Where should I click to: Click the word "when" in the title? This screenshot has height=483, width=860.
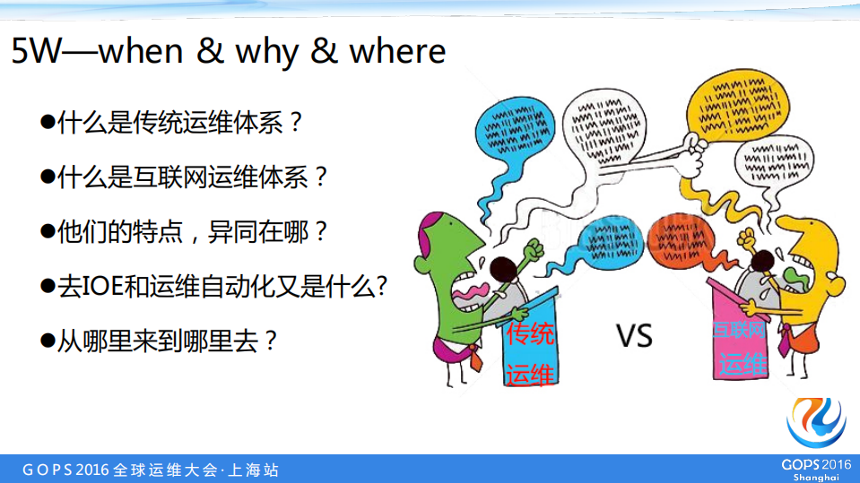tap(140, 52)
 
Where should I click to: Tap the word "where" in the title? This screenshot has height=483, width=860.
tap(397, 52)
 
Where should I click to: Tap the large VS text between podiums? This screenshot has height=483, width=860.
tap(634, 336)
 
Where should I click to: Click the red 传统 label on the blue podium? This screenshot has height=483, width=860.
tap(531, 335)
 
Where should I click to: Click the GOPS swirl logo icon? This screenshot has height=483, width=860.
tap(816, 421)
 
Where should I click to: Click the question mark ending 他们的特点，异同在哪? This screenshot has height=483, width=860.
tap(318, 233)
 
